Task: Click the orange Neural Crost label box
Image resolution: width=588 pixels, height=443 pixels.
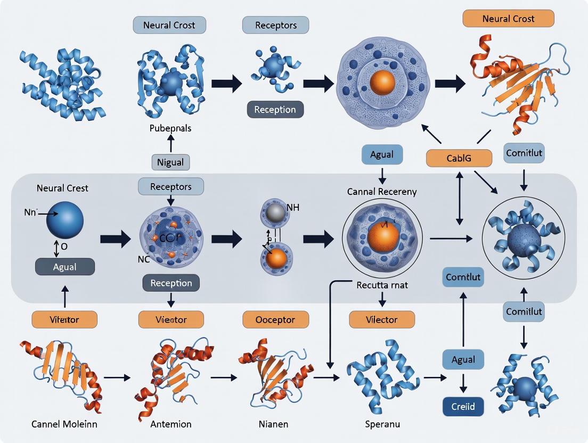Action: tap(508, 19)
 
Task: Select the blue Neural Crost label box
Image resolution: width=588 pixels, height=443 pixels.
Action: tap(170, 25)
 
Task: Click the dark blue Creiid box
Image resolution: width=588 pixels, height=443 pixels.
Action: tap(463, 407)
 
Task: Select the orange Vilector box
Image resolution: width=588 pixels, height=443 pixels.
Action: tap(381, 319)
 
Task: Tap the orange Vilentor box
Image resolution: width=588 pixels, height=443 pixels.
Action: tap(64, 319)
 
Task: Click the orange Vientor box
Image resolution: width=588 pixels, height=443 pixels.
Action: tap(171, 319)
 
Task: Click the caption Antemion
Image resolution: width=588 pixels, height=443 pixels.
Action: tap(171, 424)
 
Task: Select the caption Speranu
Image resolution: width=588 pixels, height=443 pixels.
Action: tap(383, 424)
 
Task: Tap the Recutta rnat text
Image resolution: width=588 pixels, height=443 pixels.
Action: tap(381, 285)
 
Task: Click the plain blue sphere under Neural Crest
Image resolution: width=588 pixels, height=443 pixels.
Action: tap(64, 219)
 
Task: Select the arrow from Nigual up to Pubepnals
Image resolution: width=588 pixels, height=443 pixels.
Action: tap(171, 143)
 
